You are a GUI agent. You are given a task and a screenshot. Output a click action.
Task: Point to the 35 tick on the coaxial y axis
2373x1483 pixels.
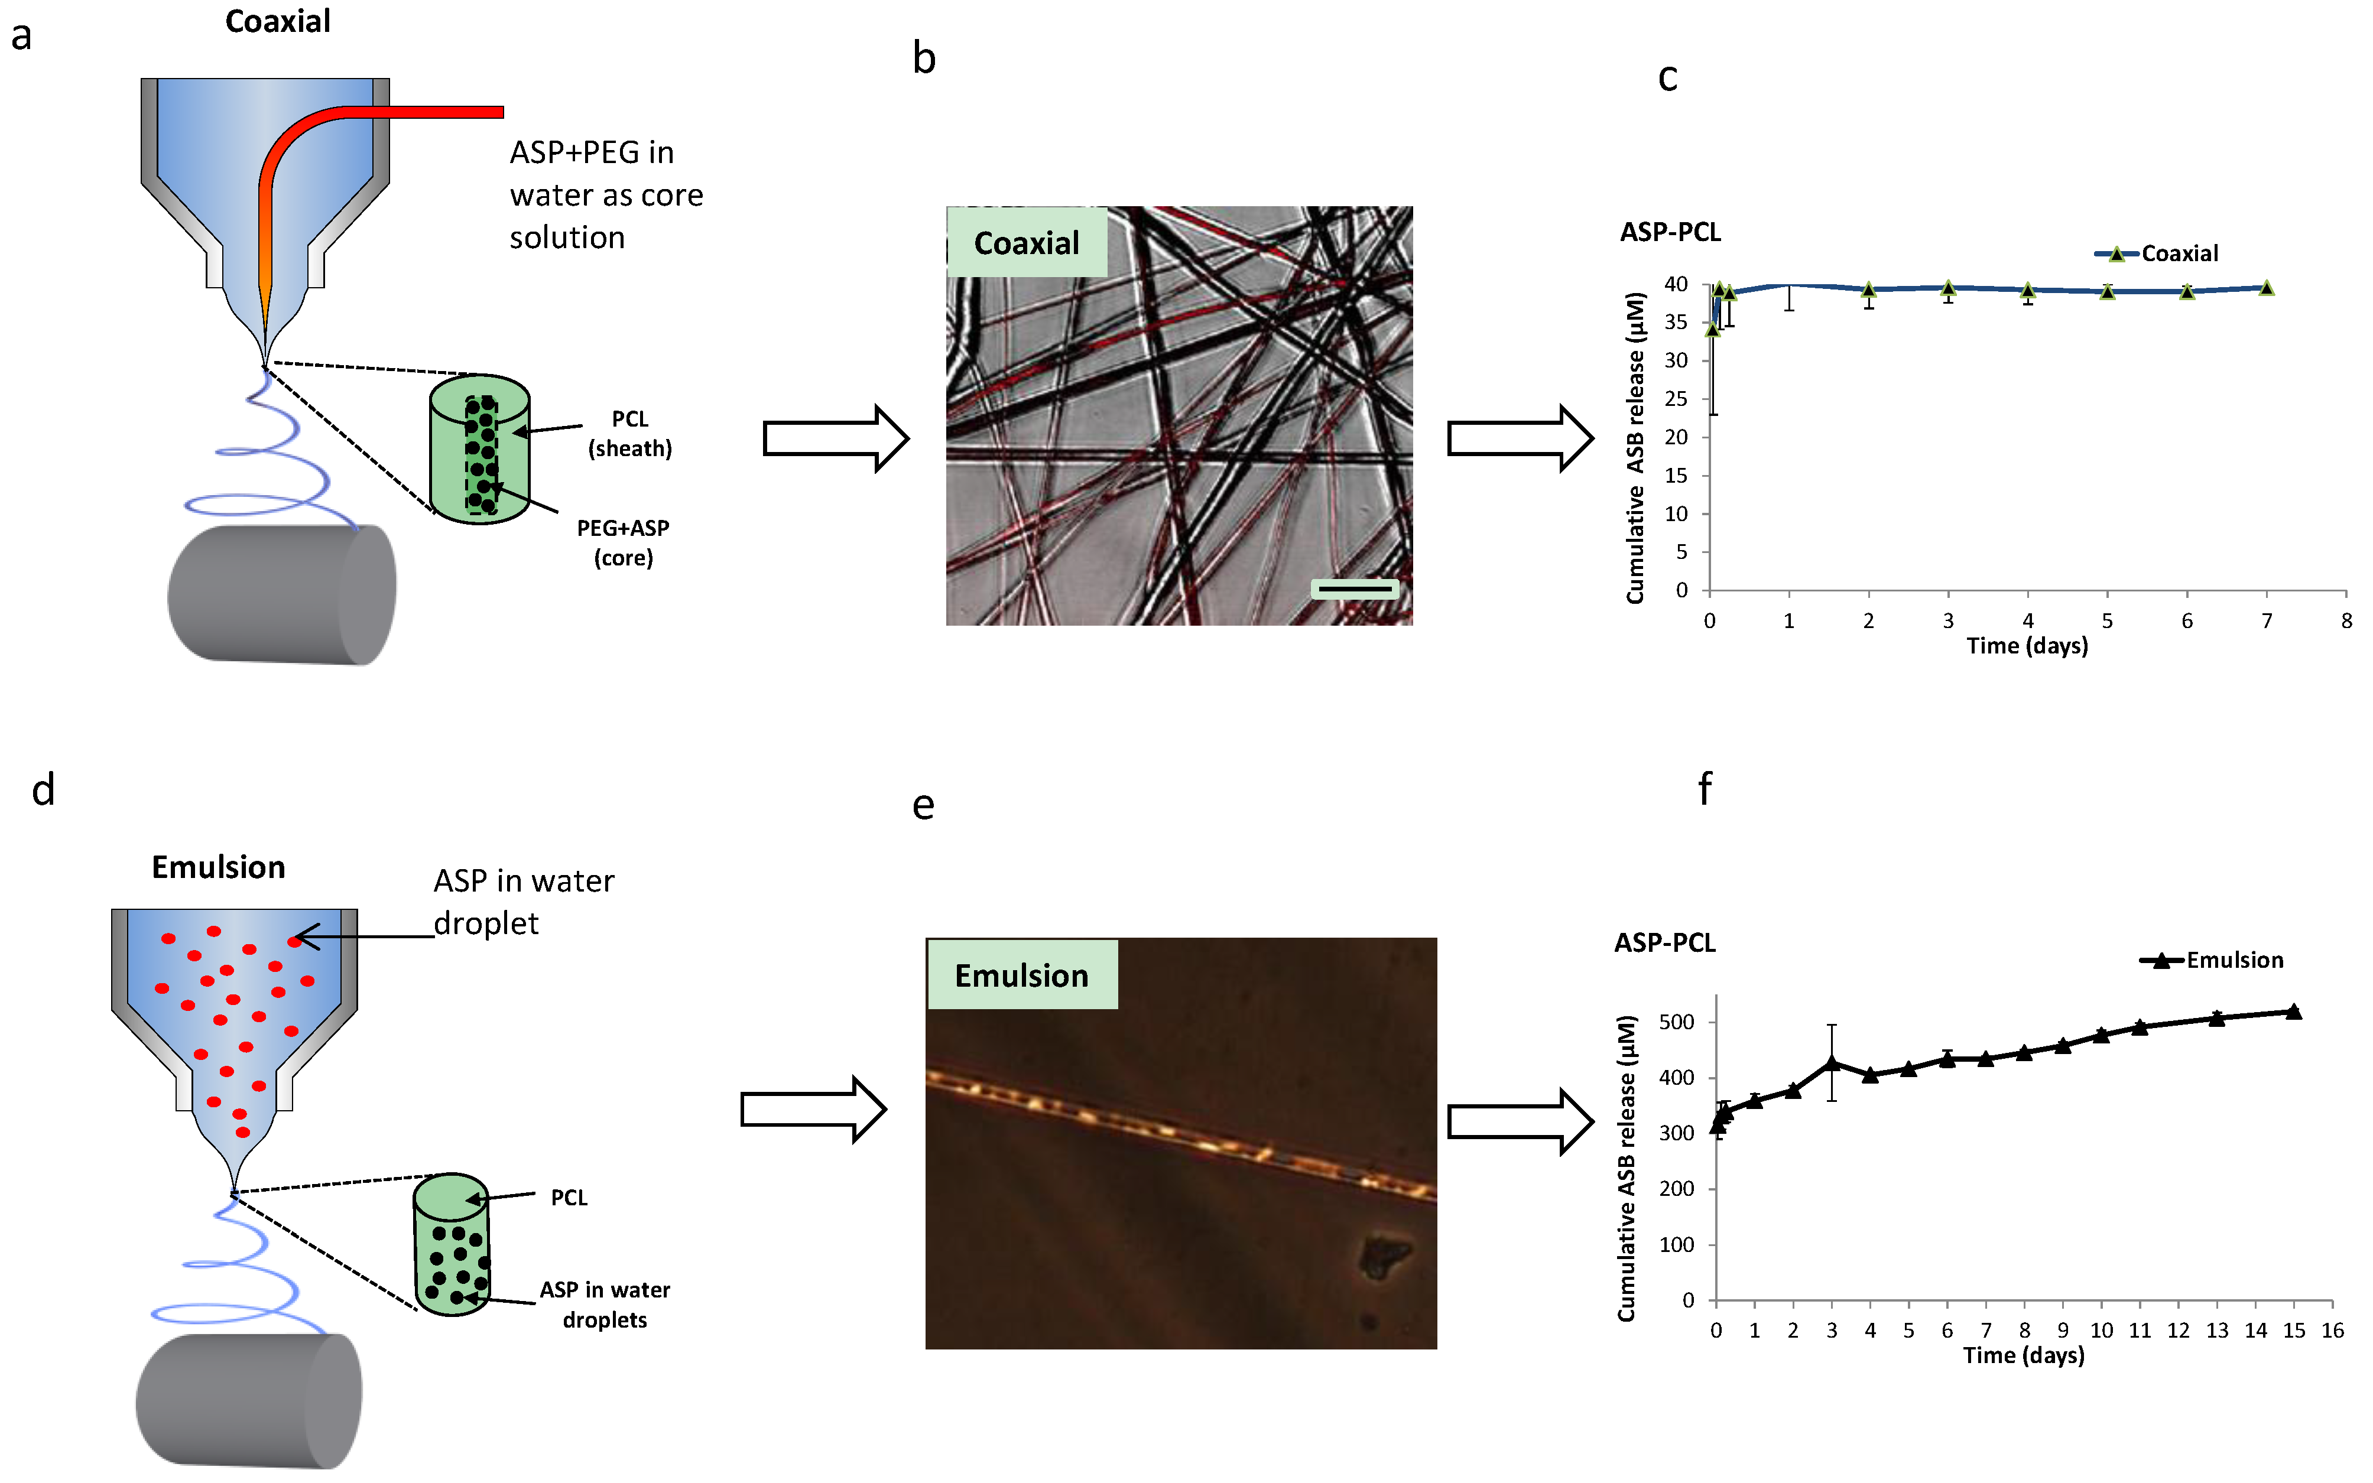coord(1676,323)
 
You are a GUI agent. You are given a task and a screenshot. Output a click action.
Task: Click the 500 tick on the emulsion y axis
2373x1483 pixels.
coord(1676,1022)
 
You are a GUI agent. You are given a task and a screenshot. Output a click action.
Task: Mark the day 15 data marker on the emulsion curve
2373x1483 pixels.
coord(2294,1012)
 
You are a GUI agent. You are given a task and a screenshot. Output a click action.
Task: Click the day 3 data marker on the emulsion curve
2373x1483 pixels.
coord(1832,1063)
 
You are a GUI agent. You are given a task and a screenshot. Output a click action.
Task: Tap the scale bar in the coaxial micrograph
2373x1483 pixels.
coord(1355,588)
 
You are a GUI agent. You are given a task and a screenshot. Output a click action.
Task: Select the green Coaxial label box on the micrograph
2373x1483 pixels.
coord(1026,242)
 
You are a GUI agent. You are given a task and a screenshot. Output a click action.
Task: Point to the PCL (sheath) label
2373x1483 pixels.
coord(630,434)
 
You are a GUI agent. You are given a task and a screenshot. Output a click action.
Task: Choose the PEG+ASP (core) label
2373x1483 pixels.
coord(623,542)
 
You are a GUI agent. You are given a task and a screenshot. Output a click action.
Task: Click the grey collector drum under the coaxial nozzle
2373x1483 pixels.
coord(281,596)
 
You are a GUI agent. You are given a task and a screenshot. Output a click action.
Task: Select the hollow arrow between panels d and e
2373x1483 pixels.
coord(812,1110)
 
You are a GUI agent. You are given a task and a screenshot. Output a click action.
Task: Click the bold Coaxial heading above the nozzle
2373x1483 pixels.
coord(278,22)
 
